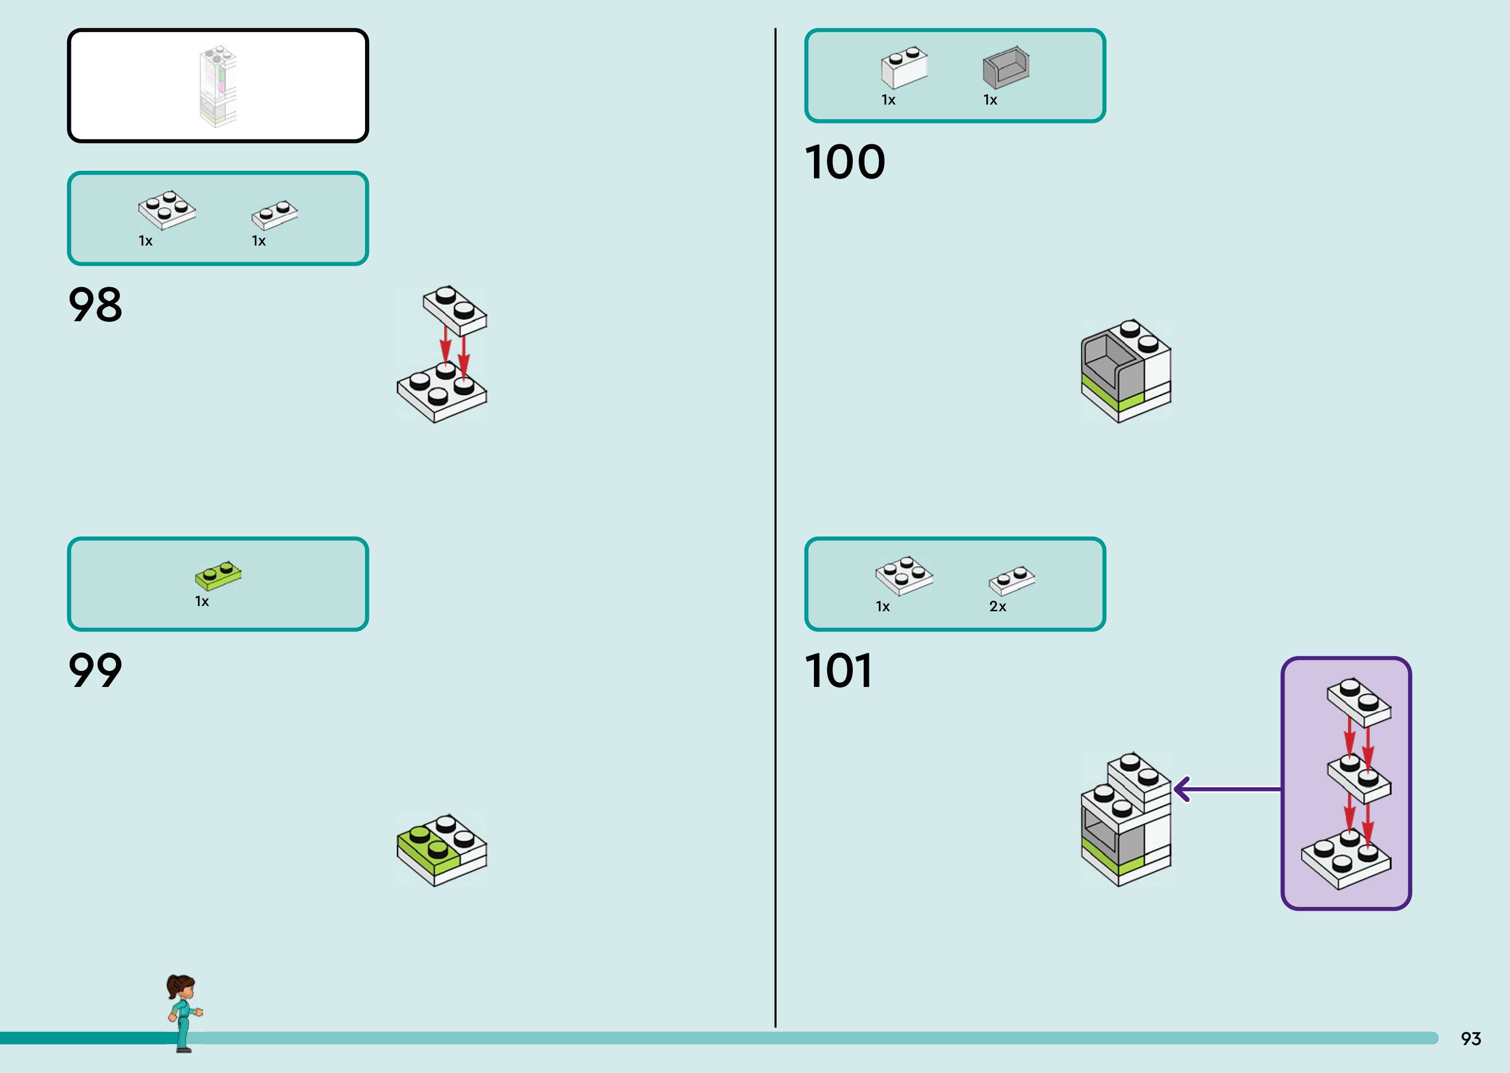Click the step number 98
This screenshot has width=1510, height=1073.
[95, 305]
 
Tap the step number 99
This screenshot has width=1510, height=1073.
[95, 671]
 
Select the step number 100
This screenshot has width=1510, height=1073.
[845, 163]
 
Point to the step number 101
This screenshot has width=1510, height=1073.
[838, 671]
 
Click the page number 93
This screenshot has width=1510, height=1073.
[1471, 1038]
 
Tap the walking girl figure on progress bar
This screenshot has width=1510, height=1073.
[183, 1013]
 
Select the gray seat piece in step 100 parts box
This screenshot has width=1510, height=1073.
[1006, 67]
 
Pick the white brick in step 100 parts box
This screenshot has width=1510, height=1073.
[904, 67]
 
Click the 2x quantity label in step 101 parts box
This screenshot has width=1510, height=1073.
[998, 607]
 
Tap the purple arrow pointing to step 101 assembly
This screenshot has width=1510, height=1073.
[1228, 789]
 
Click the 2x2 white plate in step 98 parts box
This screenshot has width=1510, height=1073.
[167, 210]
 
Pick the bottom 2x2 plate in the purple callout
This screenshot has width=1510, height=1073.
[1346, 860]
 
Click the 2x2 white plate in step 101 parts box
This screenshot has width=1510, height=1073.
[904, 576]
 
